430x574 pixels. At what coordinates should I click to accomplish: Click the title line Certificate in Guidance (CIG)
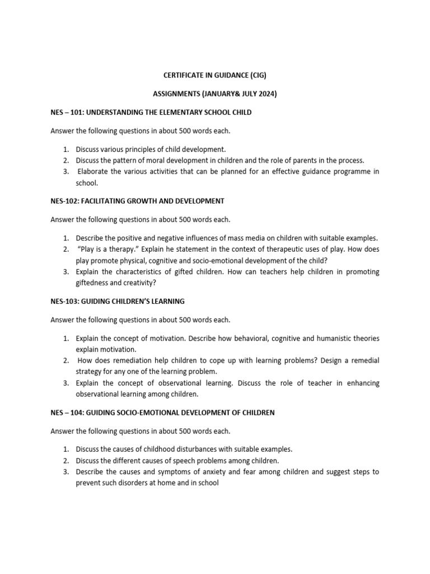[215, 75]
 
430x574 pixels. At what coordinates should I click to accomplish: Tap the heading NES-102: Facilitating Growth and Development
[137, 201]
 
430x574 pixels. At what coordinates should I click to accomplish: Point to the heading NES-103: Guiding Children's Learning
[118, 301]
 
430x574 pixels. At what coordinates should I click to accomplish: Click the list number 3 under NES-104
[66, 471]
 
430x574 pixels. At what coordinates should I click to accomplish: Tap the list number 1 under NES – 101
[66, 149]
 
